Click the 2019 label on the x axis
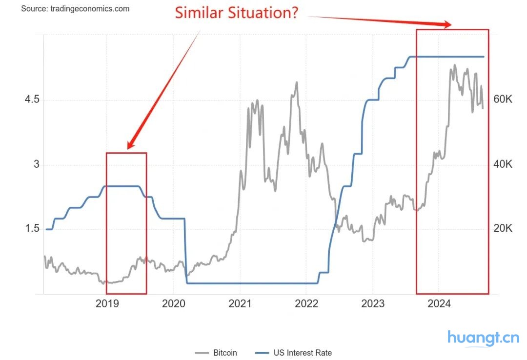pyautogui.click(x=107, y=304)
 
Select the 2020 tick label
pyautogui.click(x=173, y=304)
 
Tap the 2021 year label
pyautogui.click(x=240, y=304)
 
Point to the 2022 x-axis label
pyautogui.click(x=306, y=304)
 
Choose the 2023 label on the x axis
pyautogui.click(x=372, y=304)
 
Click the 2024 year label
pyautogui.click(x=439, y=304)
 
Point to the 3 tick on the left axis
pyautogui.click(x=36, y=164)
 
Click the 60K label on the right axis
pyautogui.click(x=502, y=100)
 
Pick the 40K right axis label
pyautogui.click(x=502, y=164)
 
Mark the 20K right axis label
pyautogui.click(x=502, y=228)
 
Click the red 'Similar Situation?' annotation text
pyautogui.click(x=237, y=13)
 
